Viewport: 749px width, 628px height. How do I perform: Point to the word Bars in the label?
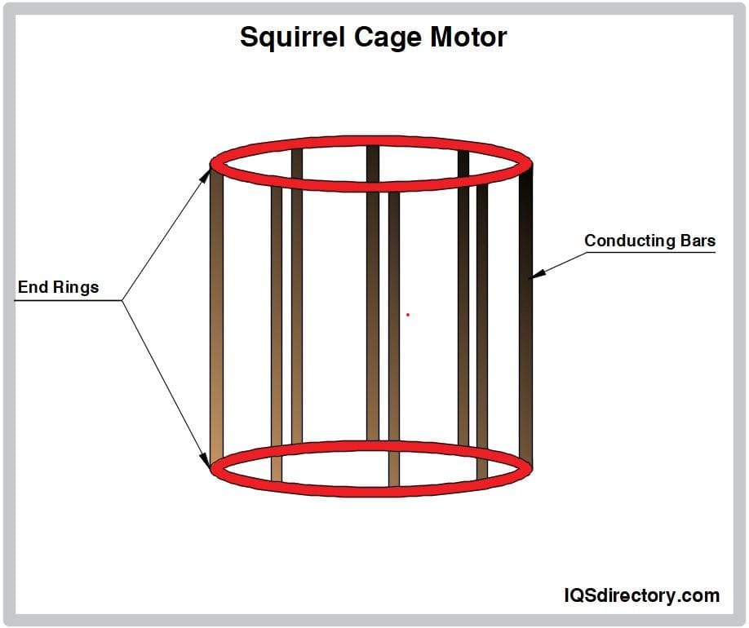(x=698, y=241)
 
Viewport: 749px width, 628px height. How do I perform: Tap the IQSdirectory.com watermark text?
(x=641, y=595)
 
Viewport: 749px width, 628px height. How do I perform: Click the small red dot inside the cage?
(x=408, y=315)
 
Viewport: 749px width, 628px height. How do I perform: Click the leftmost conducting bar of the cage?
(x=216, y=318)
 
